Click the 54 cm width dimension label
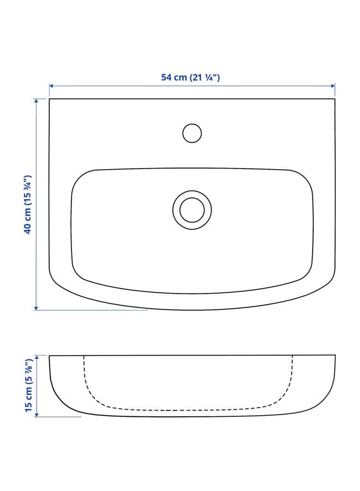click(x=190, y=77)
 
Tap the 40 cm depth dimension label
click(x=28, y=204)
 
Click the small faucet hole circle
click(x=191, y=133)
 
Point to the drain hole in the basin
click(x=191, y=208)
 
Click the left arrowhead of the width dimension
click(x=51, y=86)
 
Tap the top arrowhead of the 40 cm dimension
click(x=37, y=100)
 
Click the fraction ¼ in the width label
click(x=211, y=77)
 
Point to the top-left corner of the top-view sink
click(x=50, y=99)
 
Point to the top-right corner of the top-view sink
click(x=334, y=99)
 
